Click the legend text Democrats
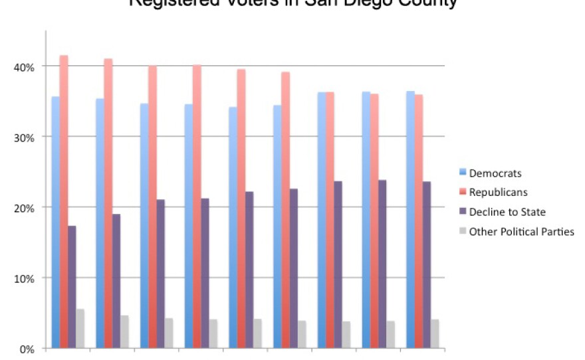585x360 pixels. point(495,173)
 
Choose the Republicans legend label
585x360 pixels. point(499,193)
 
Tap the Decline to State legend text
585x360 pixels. point(507,212)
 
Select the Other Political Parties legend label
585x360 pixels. point(522,232)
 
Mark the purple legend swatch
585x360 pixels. point(462,212)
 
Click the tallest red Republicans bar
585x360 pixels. point(64,199)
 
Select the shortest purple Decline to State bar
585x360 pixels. point(72,286)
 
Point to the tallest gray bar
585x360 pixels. point(80,329)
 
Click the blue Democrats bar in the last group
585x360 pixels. point(411,219)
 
